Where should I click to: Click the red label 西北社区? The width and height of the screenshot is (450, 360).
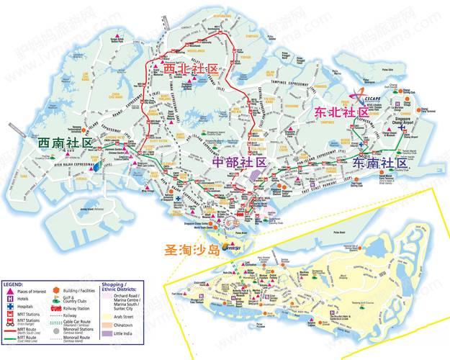tap(191, 70)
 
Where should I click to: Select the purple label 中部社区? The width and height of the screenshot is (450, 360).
tap(240, 163)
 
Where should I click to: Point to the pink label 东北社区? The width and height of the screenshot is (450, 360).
tap(342, 113)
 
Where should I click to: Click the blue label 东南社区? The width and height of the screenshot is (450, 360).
tap(380, 163)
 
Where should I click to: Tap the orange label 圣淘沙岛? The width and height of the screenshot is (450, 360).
tap(184, 251)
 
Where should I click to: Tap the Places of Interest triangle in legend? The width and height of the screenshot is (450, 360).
tap(9, 292)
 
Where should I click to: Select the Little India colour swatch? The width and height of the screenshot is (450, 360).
tap(108, 333)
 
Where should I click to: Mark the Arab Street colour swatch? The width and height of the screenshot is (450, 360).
tap(108, 315)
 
